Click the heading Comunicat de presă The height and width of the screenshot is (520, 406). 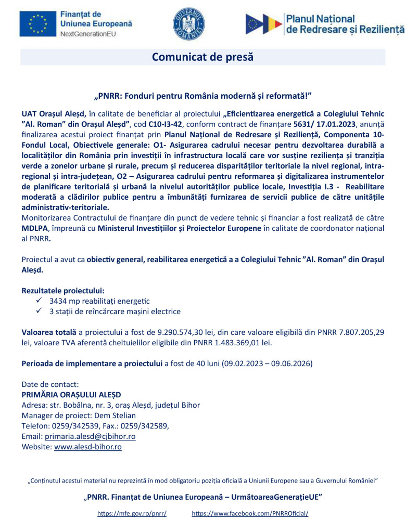point(202,57)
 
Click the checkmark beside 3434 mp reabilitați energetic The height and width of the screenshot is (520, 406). point(39,301)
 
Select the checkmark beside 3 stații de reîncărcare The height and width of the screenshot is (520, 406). point(39,311)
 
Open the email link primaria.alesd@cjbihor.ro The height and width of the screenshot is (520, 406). point(90,436)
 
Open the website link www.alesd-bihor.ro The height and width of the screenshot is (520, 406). point(88,447)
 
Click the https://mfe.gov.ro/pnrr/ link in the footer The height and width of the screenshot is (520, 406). point(132,513)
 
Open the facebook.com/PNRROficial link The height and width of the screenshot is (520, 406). point(250,513)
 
